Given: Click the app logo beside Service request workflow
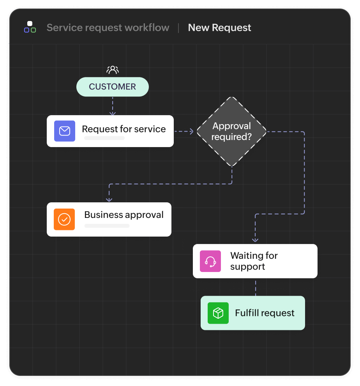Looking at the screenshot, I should click(x=30, y=27).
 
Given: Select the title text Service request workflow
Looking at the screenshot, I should click(x=108, y=28).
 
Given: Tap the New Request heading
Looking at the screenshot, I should click(x=219, y=28).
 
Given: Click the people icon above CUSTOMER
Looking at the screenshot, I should click(x=113, y=70).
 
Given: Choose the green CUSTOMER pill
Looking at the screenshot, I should click(x=113, y=87).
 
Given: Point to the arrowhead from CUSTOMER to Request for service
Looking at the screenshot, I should click(x=113, y=113).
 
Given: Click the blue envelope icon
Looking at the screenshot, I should click(x=65, y=131).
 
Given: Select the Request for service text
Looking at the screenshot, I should click(x=124, y=129).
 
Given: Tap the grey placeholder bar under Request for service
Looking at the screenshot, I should click(x=104, y=138).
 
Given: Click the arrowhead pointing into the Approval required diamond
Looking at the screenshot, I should click(x=191, y=132).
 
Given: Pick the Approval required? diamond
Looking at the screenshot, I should click(x=231, y=132).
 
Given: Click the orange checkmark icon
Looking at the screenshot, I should click(x=64, y=219).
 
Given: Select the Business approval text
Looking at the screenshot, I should click(x=124, y=215).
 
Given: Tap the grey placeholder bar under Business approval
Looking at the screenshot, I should click(x=107, y=226).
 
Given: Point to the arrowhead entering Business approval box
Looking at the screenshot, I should click(x=109, y=199).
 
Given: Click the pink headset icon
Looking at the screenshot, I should click(x=210, y=261).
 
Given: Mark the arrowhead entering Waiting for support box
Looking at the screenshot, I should click(x=256, y=240).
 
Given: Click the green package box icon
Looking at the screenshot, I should click(x=218, y=313).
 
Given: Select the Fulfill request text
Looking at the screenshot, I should click(x=265, y=313).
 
